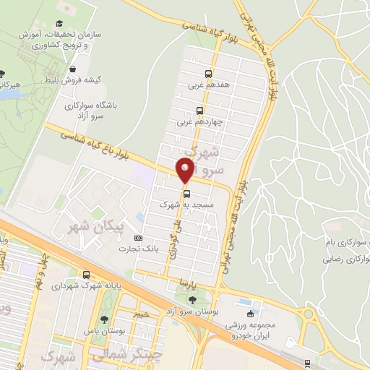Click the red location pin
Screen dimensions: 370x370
click(x=185, y=171)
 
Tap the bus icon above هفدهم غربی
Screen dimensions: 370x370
click(x=208, y=74)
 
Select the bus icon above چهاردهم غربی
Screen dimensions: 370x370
click(x=199, y=111)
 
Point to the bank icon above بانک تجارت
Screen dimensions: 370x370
click(x=139, y=238)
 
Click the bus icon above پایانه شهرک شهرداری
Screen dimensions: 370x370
click(x=86, y=275)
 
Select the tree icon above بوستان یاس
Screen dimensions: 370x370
click(x=106, y=319)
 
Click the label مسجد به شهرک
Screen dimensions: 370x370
click(x=186, y=205)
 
